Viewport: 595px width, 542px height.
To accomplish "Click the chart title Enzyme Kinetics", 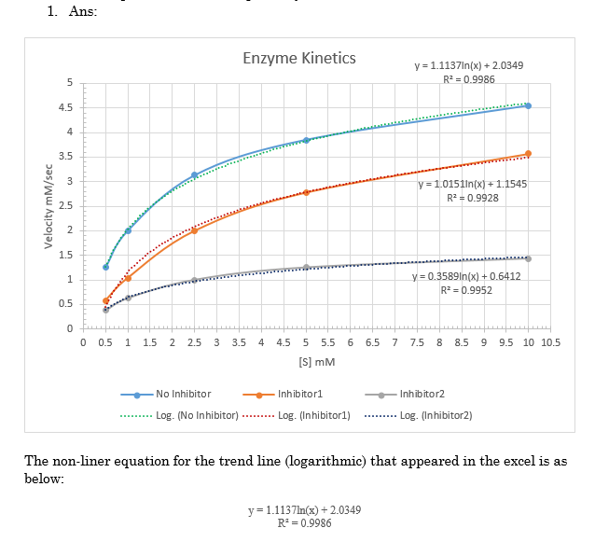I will click(x=298, y=58).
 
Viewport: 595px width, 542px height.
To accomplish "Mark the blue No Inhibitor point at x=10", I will click(x=528, y=105).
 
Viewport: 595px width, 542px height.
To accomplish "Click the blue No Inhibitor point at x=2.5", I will click(x=194, y=174).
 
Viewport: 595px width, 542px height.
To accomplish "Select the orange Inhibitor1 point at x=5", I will click(x=306, y=192).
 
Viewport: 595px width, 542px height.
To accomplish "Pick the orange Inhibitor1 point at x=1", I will click(x=128, y=278).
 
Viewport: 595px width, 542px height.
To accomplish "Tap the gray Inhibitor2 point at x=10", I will click(x=528, y=258).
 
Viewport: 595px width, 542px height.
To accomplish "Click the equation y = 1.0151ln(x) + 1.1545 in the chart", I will click(x=474, y=184).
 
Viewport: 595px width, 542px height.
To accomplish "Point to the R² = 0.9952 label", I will click(x=467, y=290).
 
